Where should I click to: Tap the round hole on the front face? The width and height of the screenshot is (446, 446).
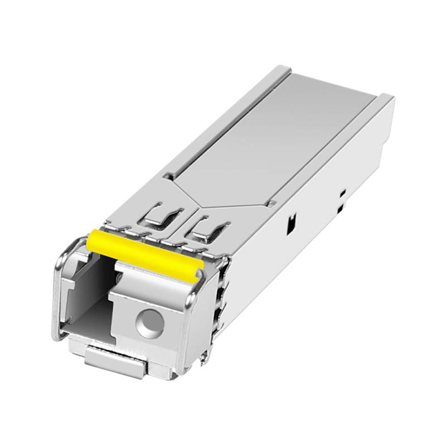pos(150,322)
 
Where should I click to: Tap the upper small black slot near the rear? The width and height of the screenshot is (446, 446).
pos(343,192)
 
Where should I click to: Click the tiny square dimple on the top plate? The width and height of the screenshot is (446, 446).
pos(271,204)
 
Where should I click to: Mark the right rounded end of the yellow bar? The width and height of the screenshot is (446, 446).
pos(197,272)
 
